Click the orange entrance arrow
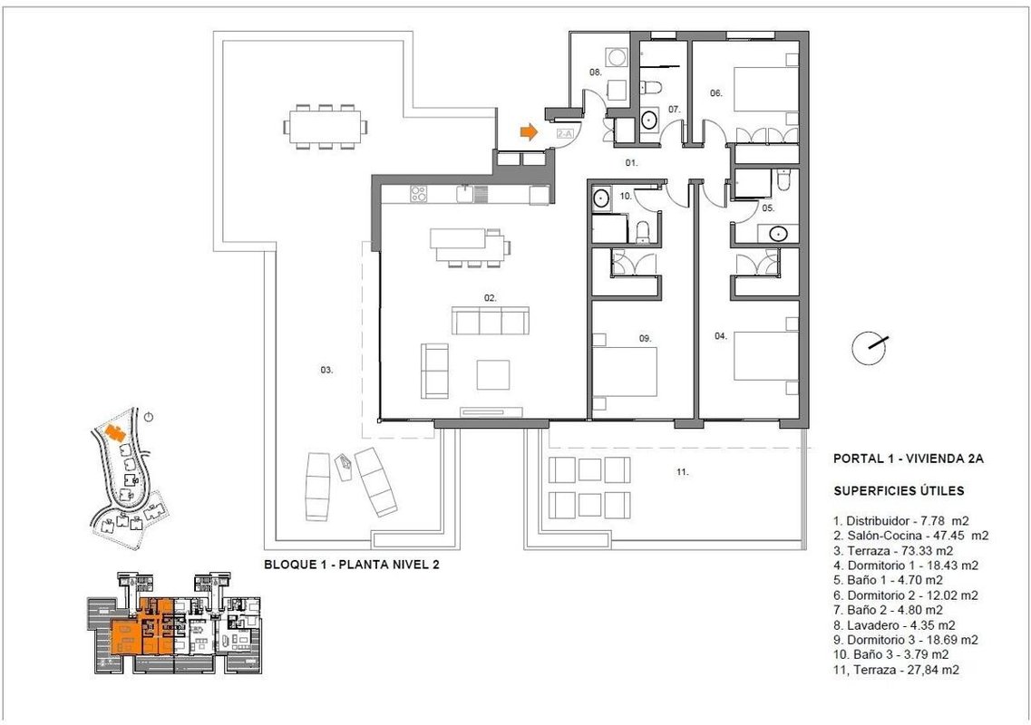(x=529, y=132)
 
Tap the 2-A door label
(x=565, y=133)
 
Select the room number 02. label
(x=491, y=298)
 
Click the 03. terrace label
(x=326, y=370)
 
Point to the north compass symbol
(x=870, y=347)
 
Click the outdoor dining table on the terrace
(x=326, y=126)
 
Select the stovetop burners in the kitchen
(x=418, y=194)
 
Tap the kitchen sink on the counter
(x=465, y=194)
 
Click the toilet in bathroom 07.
(x=652, y=86)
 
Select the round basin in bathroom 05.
(x=779, y=233)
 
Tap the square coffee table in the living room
(x=493, y=374)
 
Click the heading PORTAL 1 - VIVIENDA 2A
(x=908, y=459)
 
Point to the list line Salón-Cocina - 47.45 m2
(x=910, y=536)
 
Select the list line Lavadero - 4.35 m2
(x=894, y=625)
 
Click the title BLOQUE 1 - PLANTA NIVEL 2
(x=351, y=564)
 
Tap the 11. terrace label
(x=682, y=472)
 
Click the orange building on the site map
(x=116, y=432)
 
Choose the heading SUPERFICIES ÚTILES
(x=899, y=490)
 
